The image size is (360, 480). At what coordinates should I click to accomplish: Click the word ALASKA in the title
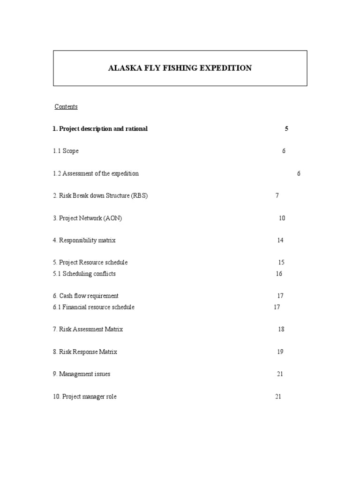[x=123, y=68]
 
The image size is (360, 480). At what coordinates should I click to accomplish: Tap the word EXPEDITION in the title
[x=225, y=68]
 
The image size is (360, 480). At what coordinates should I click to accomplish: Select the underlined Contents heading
[x=66, y=107]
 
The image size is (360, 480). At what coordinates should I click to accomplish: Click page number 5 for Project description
[x=286, y=129]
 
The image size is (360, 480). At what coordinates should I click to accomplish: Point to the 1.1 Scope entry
[x=66, y=151]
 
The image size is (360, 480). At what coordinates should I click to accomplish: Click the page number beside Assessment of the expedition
[x=299, y=173]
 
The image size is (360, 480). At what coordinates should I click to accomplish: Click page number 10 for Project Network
[x=282, y=218]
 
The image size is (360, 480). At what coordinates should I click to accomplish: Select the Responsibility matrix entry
[x=84, y=240]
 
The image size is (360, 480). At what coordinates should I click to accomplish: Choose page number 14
[x=280, y=240]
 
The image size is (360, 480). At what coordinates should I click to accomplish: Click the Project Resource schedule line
[x=90, y=262]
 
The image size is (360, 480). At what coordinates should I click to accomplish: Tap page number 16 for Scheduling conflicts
[x=279, y=274]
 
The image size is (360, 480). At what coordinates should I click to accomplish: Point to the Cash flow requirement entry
[x=85, y=296]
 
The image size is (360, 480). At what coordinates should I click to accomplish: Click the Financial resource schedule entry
[x=93, y=307]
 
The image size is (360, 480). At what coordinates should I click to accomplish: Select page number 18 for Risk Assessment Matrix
[x=281, y=329]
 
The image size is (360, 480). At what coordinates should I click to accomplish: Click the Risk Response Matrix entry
[x=85, y=352]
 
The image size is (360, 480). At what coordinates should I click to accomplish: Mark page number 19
[x=280, y=352]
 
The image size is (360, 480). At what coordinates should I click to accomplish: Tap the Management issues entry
[x=82, y=374]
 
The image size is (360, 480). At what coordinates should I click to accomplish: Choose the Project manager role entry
[x=84, y=397]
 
